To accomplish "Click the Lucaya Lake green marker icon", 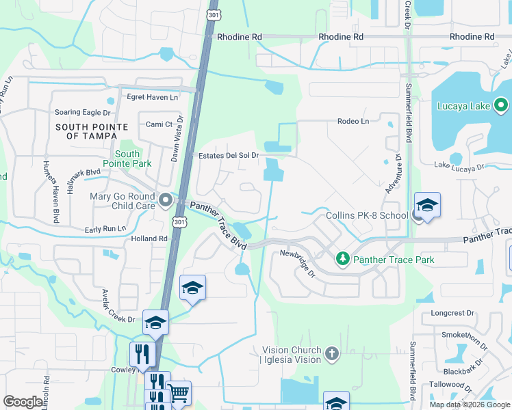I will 501,106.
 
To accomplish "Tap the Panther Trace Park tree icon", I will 343,260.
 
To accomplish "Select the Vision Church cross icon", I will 332,354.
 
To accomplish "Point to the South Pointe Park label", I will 127,159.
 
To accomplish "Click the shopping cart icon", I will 179,392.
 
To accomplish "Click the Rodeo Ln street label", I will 353,122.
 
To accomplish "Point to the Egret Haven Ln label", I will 152,97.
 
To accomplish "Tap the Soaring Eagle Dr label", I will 82,113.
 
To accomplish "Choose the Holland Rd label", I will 150,238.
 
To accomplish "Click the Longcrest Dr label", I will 452,313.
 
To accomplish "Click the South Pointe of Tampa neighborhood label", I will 92,131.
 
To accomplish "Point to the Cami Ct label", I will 158,124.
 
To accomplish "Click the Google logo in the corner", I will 23,402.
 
